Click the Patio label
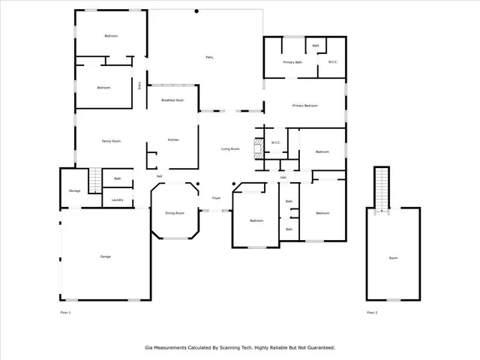pyautogui.click(x=210, y=58)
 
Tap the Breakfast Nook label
pyautogui.click(x=172, y=100)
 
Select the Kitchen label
pyautogui.click(x=172, y=140)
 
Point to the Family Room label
pyautogui.click(x=112, y=141)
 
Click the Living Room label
pyautogui.click(x=230, y=149)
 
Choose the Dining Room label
pyautogui.click(x=175, y=214)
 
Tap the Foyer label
pyautogui.click(x=216, y=198)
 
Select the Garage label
pyautogui.click(x=106, y=257)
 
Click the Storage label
pyautogui.click(x=74, y=191)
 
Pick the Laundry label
pyautogui.click(x=118, y=199)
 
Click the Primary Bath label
pyautogui.click(x=292, y=62)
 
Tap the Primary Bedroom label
pyautogui.click(x=305, y=106)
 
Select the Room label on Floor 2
pyautogui.click(x=393, y=257)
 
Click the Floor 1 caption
pyautogui.click(x=65, y=312)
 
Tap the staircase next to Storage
pyautogui.click(x=94, y=181)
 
